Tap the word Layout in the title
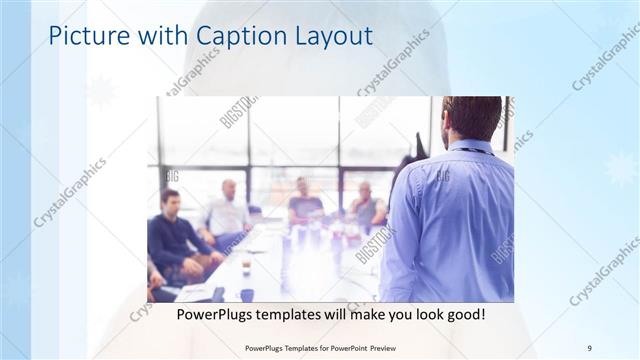point(329,37)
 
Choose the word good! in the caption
point(464,314)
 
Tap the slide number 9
point(589,347)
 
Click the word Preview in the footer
point(387,347)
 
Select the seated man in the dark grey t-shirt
point(305,205)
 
